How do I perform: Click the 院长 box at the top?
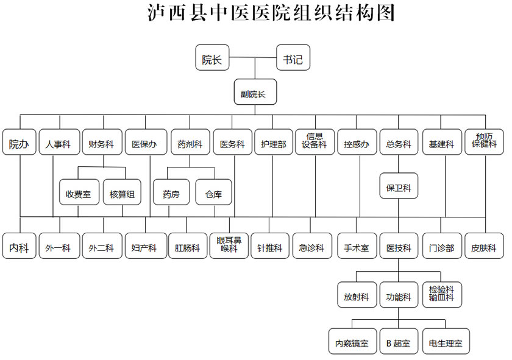(212, 57)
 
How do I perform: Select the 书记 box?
(293, 57)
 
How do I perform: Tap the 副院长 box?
(255, 92)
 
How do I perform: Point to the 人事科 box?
(60, 142)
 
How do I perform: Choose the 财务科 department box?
(102, 142)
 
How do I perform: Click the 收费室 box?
(79, 192)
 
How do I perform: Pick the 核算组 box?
(122, 192)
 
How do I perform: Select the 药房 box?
(171, 192)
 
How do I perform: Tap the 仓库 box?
(213, 192)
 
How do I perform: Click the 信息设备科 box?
(315, 142)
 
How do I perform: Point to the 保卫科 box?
(399, 186)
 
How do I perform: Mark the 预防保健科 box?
(484, 142)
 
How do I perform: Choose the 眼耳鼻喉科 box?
(229, 245)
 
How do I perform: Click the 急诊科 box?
(312, 245)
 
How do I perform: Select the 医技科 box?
(399, 245)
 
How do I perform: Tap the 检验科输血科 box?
(442, 295)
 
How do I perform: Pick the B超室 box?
(399, 341)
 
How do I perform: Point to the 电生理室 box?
(446, 341)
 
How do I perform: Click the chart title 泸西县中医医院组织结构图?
(271, 13)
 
